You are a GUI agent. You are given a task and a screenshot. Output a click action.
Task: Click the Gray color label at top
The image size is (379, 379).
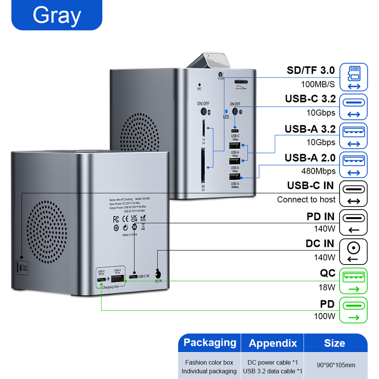coord(57,15)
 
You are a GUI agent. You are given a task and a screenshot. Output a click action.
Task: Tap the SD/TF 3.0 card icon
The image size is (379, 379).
coord(353,77)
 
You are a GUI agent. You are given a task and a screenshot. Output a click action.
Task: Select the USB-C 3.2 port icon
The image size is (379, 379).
coord(353,107)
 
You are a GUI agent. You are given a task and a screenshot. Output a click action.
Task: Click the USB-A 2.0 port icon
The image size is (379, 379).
coord(353,165)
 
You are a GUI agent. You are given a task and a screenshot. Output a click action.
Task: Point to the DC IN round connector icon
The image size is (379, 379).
coord(353,252)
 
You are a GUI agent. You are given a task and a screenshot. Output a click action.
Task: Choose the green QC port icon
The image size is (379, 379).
coord(353,281)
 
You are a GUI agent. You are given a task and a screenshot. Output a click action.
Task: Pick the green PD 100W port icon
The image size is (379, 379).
coord(353,310)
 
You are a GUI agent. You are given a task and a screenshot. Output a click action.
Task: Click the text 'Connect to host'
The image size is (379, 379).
coord(306,200)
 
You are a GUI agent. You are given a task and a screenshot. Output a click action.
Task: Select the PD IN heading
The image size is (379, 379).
coord(320,217)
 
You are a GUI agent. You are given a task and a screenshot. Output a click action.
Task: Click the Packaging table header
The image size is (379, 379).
coord(210,343)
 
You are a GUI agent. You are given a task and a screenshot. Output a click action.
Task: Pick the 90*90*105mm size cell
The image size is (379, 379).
coord(336,365)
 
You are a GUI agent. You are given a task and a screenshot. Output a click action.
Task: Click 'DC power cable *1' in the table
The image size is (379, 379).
coord(272,362)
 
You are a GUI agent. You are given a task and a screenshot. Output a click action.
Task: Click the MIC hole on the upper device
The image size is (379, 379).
coord(199,84)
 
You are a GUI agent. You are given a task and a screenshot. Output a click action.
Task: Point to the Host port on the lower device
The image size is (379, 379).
coord(18,268)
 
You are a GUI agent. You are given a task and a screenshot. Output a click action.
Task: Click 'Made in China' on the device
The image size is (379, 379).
coord(130,234)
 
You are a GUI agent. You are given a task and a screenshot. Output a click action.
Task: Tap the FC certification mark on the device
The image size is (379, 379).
coord(116,218)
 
